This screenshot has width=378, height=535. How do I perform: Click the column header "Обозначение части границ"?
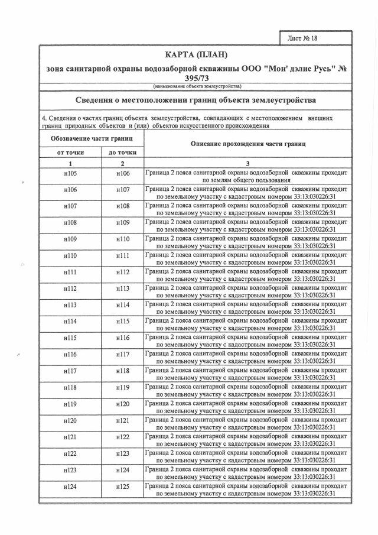coord(91,138)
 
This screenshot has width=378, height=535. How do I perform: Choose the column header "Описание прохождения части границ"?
coord(247,144)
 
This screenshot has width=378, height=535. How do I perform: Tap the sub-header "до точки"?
coord(123,153)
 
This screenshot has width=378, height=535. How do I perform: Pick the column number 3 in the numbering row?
coord(247,163)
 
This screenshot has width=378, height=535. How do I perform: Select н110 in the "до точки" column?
coord(123,239)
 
